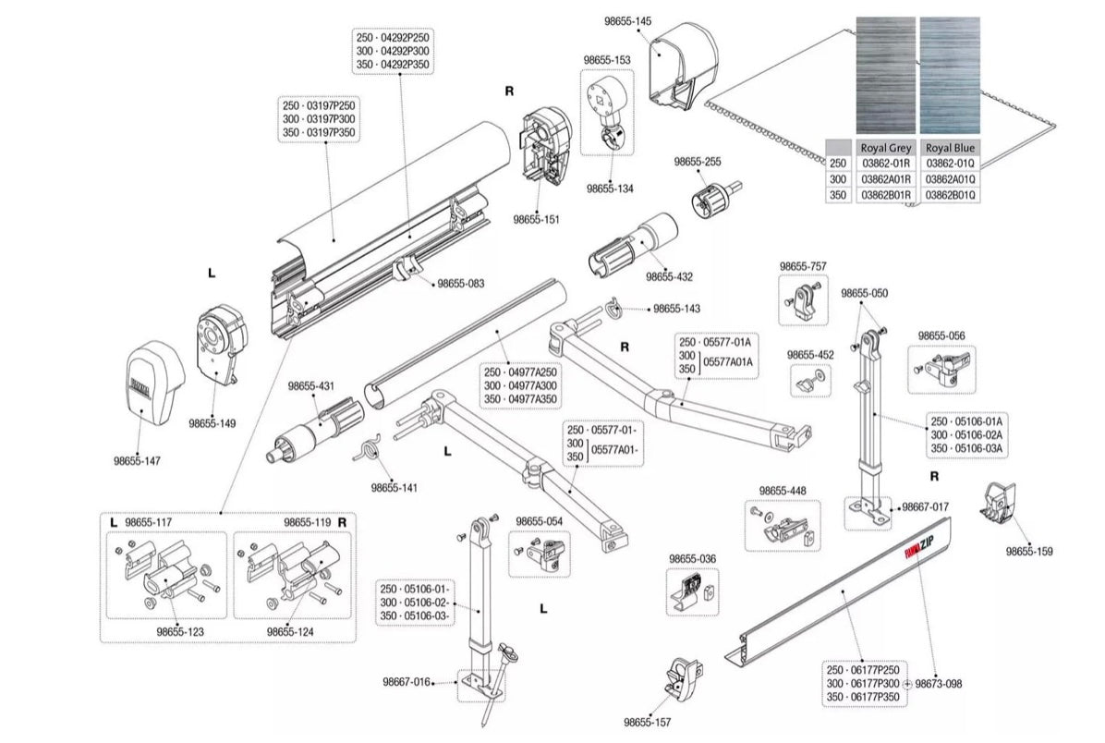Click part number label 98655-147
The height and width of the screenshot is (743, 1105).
[138, 460]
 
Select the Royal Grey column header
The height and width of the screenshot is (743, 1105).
[885, 148]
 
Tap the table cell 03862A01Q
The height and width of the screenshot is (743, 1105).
[951, 179]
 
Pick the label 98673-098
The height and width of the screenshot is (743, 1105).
[937, 684]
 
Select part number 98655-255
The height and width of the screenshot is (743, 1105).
[698, 161]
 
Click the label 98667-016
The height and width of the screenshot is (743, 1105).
[407, 683]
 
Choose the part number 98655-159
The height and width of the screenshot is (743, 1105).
[1029, 552]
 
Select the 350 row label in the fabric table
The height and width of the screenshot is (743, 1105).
[838, 196]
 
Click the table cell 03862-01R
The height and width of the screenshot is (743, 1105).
[885, 163]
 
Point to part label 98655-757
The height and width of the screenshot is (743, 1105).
[803, 266]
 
